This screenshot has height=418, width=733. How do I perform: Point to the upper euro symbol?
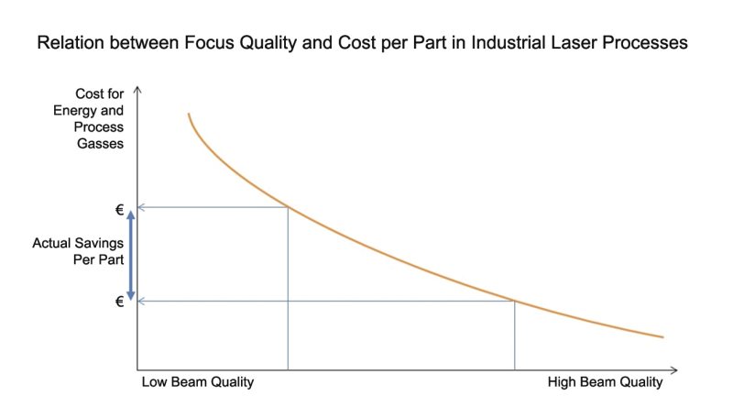tap(119, 208)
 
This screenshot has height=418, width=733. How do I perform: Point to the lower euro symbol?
tap(119, 301)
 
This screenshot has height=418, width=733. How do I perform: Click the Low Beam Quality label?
tap(198, 382)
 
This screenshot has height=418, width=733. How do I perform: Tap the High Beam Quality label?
tap(605, 382)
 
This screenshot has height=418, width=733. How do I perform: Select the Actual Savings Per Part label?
tap(78, 251)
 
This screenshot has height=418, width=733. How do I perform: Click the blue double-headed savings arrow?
tap(131, 255)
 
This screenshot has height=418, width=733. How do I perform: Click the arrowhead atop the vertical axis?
tap(137, 90)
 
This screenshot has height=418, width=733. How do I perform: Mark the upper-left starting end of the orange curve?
tap(189, 114)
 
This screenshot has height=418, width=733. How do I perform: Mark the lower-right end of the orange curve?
tap(662, 337)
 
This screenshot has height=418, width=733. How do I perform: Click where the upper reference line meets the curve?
tap(289, 208)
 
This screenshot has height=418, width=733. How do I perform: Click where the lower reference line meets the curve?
tap(514, 301)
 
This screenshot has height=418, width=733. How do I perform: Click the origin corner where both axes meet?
tap(137, 369)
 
